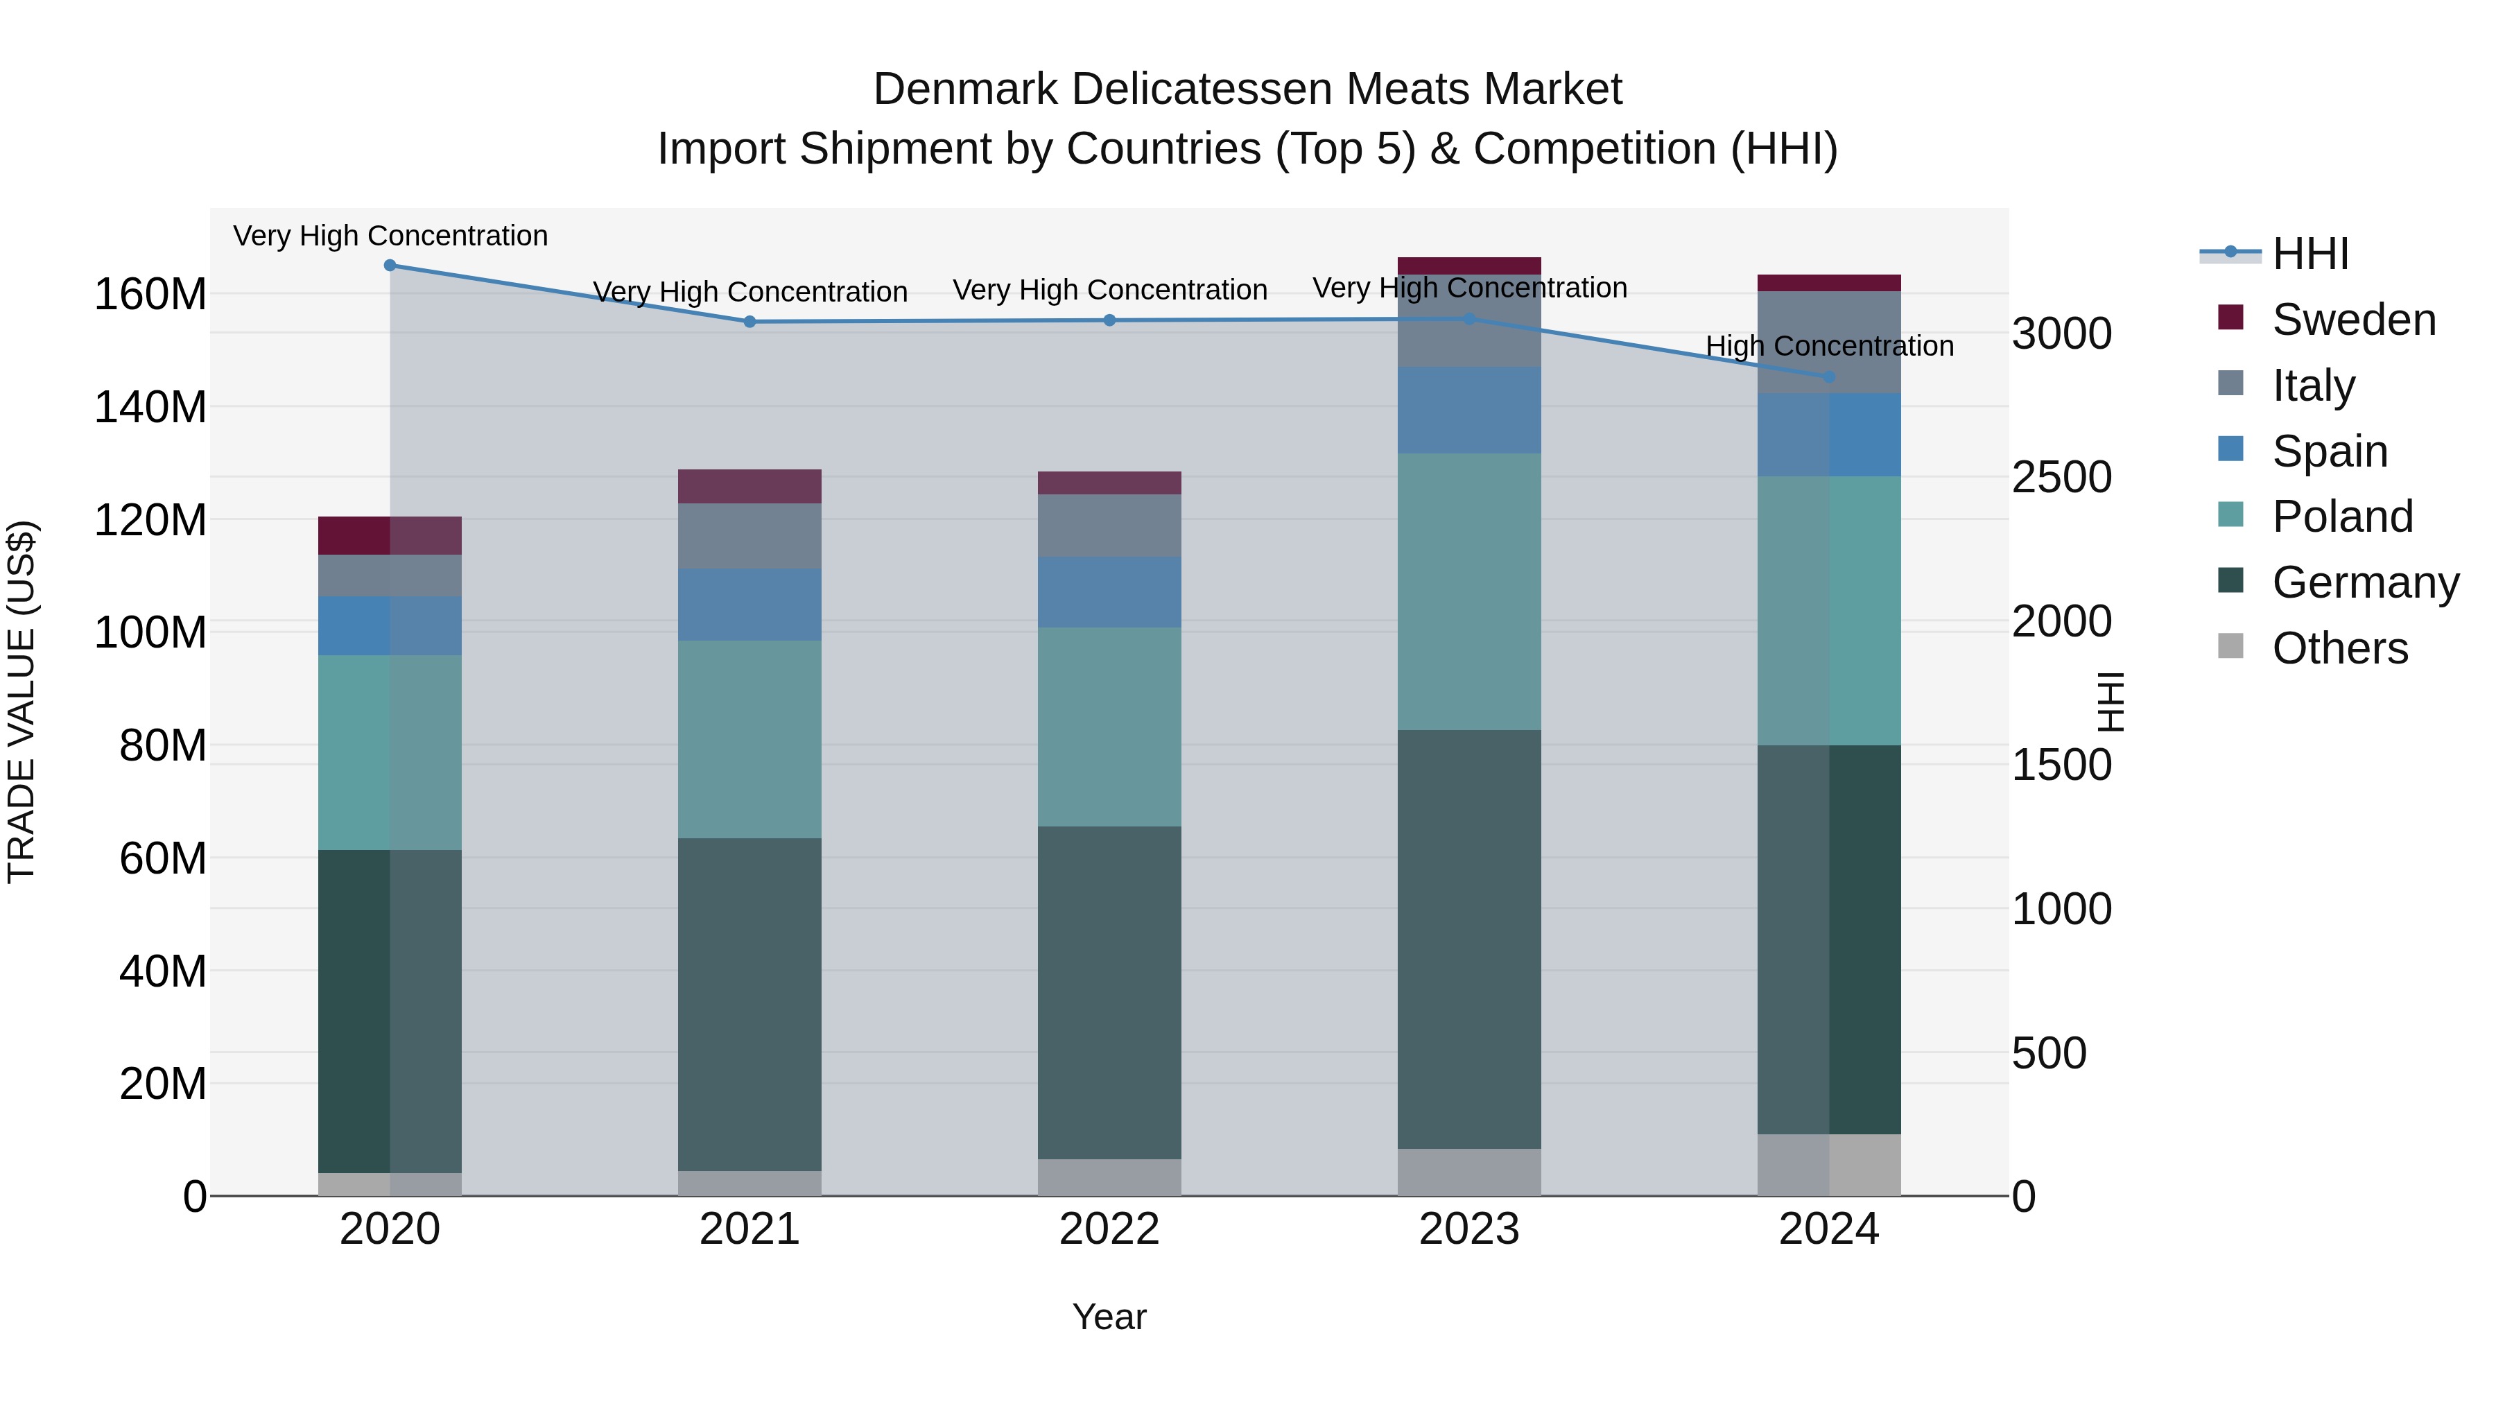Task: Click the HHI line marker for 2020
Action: [390, 266]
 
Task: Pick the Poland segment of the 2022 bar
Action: [1109, 726]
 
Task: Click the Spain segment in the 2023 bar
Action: [1469, 410]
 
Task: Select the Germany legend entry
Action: [2364, 582]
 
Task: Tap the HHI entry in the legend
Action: [2310, 254]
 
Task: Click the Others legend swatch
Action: [2230, 646]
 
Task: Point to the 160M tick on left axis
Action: [150, 293]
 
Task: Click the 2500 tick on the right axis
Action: [2062, 477]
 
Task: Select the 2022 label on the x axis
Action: [1109, 1229]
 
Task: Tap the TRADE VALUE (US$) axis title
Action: [21, 702]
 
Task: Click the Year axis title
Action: [1109, 1317]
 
